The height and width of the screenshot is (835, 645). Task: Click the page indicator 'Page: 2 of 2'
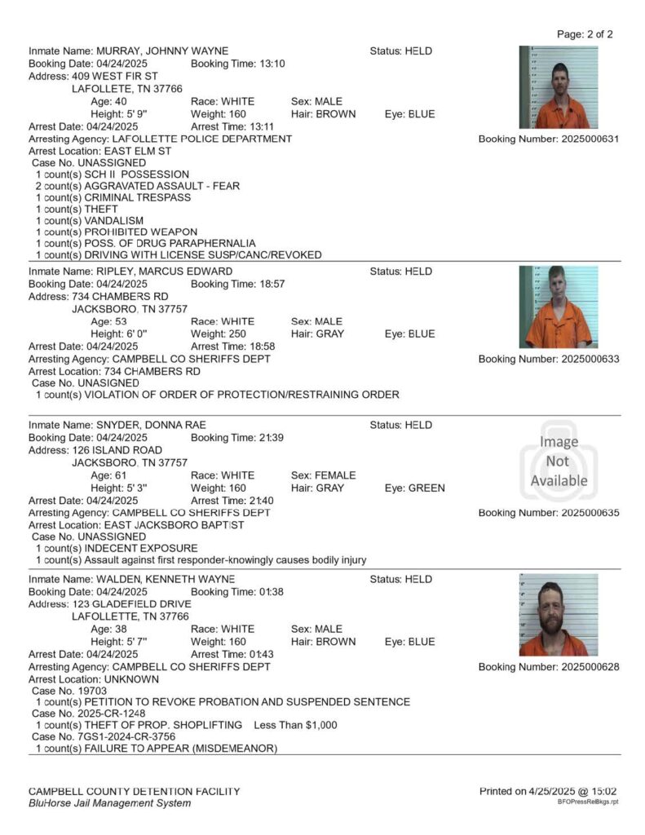584,34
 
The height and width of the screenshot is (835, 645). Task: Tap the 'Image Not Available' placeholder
559,462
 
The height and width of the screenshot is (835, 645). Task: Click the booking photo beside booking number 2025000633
559,307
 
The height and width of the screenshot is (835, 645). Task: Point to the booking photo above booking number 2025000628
559,615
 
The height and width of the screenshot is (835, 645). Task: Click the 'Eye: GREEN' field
414,488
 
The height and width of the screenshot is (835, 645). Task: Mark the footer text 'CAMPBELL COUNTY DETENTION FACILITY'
134,791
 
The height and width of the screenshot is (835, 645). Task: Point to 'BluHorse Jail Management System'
109,803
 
